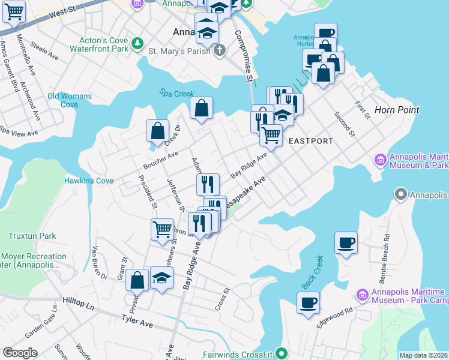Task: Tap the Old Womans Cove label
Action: (x=70, y=100)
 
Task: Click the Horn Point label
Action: (x=396, y=110)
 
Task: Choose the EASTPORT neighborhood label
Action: (x=310, y=141)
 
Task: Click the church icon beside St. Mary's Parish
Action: (x=220, y=50)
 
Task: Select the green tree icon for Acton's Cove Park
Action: (x=137, y=43)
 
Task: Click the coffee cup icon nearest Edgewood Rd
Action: (x=308, y=302)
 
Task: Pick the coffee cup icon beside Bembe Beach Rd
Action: (x=346, y=243)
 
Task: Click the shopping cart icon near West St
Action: (x=13, y=11)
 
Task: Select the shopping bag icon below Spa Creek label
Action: (x=202, y=108)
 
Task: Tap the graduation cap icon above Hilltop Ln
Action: (x=161, y=278)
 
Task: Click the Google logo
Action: (x=20, y=353)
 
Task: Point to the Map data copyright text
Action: (x=423, y=355)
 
